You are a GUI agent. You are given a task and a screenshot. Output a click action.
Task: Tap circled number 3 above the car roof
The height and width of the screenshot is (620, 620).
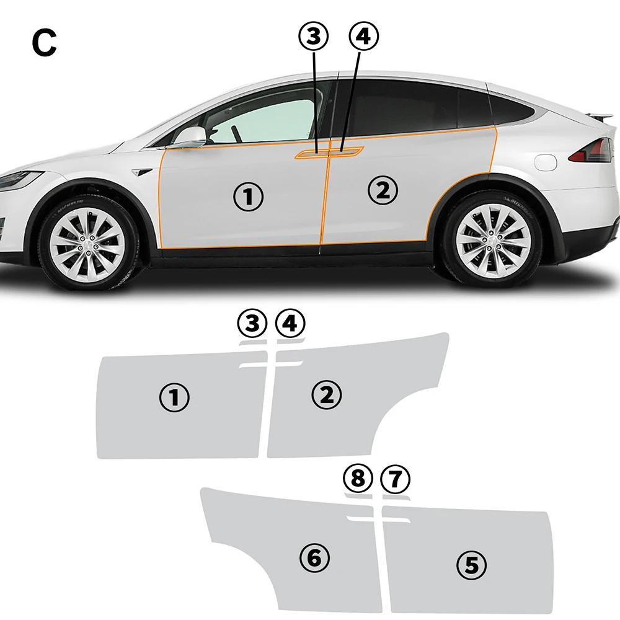tap(314, 36)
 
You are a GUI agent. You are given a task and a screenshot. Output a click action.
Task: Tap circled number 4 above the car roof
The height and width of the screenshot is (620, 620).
tap(363, 36)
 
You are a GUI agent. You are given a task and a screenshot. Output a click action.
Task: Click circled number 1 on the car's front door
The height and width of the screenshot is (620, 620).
tap(248, 197)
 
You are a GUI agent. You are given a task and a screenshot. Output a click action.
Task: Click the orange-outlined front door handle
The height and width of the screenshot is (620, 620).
tap(309, 153)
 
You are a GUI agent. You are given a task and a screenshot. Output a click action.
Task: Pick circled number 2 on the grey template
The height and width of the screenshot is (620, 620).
tap(327, 394)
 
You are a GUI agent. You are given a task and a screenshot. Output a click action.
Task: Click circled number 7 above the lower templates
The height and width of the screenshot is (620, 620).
tap(395, 479)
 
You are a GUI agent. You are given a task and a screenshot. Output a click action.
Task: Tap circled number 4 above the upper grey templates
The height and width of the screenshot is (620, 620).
tap(290, 323)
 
